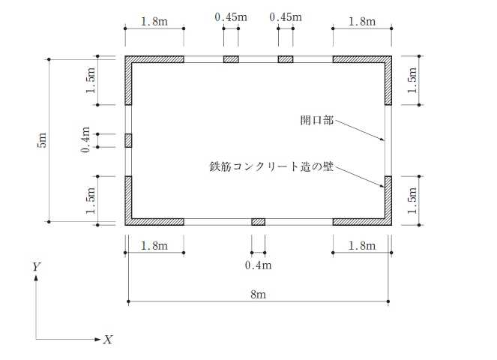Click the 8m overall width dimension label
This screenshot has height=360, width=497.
coord(258,294)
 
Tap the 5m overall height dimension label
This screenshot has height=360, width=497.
coord(41,140)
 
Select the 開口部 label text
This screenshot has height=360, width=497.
coord(316,120)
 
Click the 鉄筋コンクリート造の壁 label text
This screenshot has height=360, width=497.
coord(271,166)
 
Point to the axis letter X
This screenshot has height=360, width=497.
coord(108,340)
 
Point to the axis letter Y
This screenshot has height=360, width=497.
coord(37,267)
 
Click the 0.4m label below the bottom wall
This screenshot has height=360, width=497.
coord(259,265)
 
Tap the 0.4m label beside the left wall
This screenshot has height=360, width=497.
coord(85,139)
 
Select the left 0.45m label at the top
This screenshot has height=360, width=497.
coord(231,16)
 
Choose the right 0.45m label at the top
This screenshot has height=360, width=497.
coord(286,16)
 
